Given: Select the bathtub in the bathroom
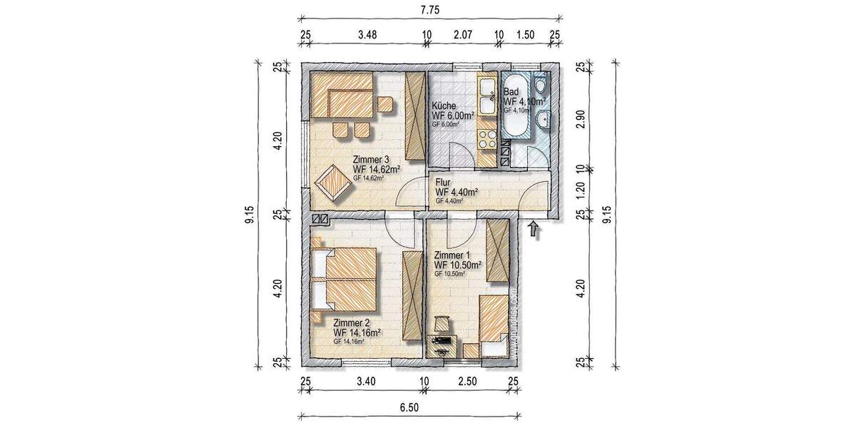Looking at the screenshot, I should pyautogui.click(x=516, y=107).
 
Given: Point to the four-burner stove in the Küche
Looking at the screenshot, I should pyautogui.click(x=488, y=136).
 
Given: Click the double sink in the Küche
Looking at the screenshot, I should pyautogui.click(x=488, y=96).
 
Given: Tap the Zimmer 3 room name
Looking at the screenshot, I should pyautogui.click(x=372, y=159).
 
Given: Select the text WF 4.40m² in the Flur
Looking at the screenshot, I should pyautogui.click(x=457, y=192).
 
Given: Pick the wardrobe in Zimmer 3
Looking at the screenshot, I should pyautogui.click(x=414, y=116).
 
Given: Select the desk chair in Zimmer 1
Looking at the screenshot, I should pyautogui.click(x=443, y=325).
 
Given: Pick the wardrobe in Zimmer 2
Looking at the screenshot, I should pyautogui.click(x=412, y=295).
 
